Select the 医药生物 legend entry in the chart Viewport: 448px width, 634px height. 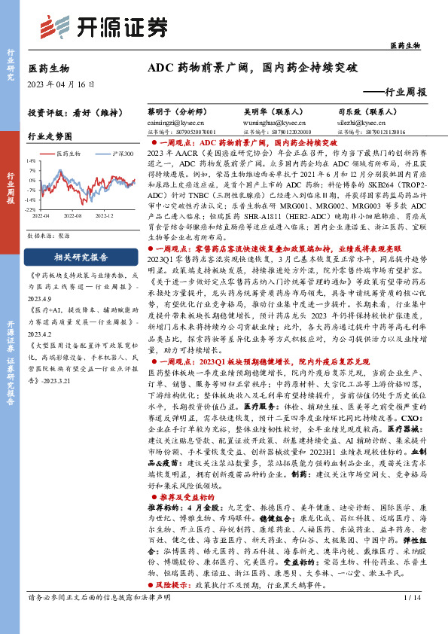pyautogui.click(x=72, y=153)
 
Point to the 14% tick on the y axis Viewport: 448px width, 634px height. pyautogui.click(x=31, y=160)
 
